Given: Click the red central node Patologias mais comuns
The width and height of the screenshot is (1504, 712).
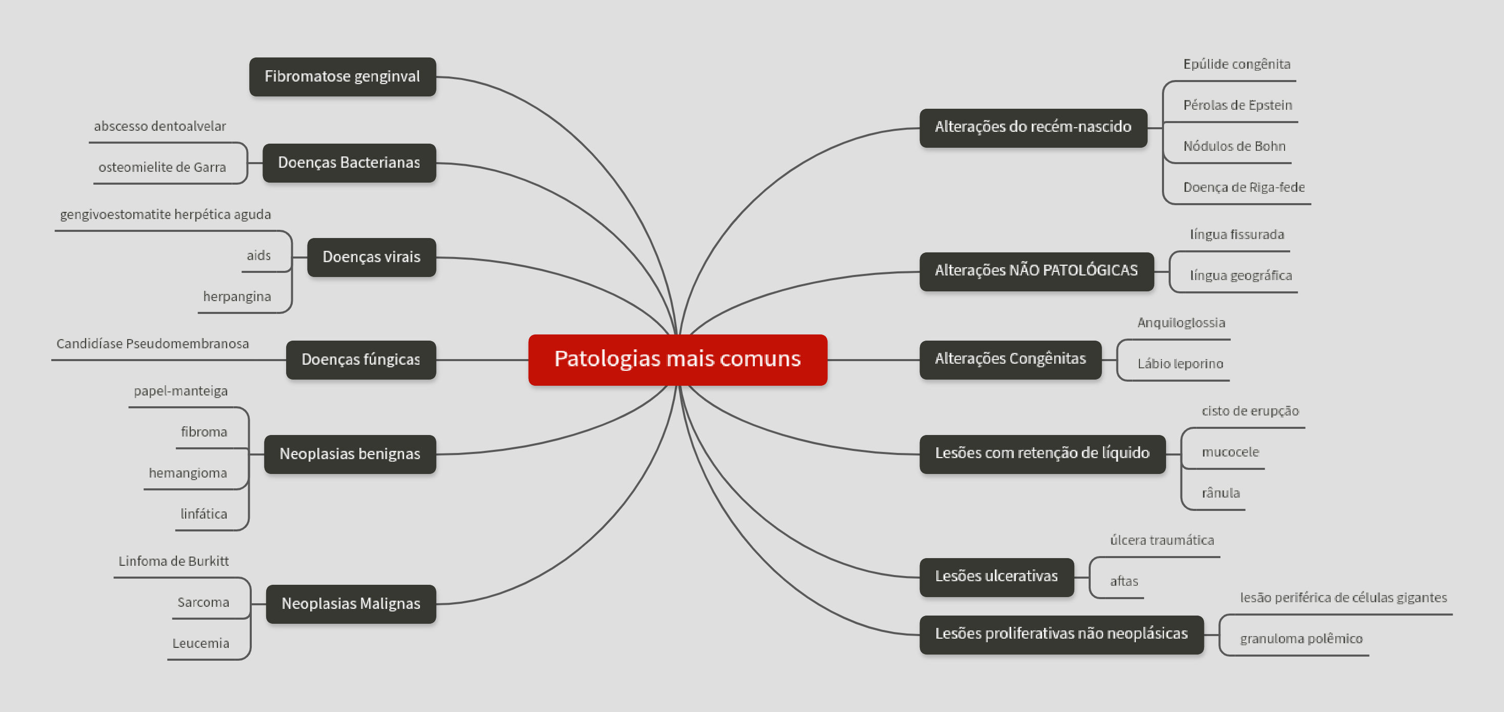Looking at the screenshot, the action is (677, 359).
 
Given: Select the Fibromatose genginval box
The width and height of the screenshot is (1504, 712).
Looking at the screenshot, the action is (342, 76).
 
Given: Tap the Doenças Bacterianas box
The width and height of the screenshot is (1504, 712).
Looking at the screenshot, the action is (349, 163).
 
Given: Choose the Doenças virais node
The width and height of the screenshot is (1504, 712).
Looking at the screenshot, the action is (371, 257).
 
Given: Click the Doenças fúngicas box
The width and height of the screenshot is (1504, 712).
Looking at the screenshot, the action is (360, 360).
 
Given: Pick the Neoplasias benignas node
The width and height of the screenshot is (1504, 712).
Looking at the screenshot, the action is (349, 454).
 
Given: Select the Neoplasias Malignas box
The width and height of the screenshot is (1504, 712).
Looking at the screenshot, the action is (350, 604).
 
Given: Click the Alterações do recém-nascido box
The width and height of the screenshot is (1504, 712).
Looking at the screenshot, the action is (1033, 127).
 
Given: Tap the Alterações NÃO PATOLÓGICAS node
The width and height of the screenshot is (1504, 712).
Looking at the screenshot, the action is (1036, 271).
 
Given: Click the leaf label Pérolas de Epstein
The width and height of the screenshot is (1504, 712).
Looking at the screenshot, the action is (1237, 106).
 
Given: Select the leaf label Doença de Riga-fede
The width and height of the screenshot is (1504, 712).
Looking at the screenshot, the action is (1244, 188).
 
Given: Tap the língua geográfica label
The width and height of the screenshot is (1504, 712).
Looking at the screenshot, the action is (1240, 275).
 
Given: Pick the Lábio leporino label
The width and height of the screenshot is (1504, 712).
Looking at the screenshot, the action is (1180, 364).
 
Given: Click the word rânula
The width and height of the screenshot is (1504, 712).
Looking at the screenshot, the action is (1220, 493).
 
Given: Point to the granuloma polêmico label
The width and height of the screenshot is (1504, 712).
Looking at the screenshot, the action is (1301, 639).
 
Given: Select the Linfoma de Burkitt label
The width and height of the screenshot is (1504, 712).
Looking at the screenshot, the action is (173, 561).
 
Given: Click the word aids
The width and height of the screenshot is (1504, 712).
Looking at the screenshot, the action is (258, 256).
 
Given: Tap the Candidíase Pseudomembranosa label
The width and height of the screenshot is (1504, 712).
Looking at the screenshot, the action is (152, 344).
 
